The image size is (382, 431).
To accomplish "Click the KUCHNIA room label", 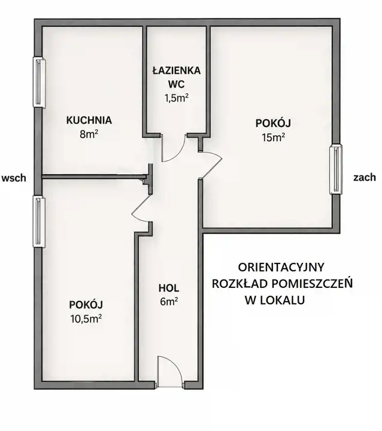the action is click(x=89, y=120).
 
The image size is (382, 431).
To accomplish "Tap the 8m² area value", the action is click(x=89, y=134).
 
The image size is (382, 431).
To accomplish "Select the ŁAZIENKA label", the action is click(x=176, y=71).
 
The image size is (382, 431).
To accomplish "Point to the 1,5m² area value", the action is click(x=176, y=98).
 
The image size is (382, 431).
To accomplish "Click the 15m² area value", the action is click(x=273, y=137).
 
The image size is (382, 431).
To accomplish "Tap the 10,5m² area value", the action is click(x=86, y=318).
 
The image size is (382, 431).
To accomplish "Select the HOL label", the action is click(x=169, y=288).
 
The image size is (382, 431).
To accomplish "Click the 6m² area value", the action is click(x=169, y=302).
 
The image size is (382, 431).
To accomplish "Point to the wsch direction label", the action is click(x=14, y=178).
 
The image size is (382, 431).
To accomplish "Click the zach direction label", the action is click(x=365, y=177).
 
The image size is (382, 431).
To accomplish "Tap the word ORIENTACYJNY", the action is click(x=281, y=267).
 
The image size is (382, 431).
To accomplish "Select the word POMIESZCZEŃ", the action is click(x=312, y=283).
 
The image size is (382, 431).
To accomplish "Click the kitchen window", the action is click(x=40, y=82).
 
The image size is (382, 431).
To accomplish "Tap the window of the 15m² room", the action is click(x=336, y=169).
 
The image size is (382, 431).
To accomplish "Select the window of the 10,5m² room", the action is click(x=40, y=221).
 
